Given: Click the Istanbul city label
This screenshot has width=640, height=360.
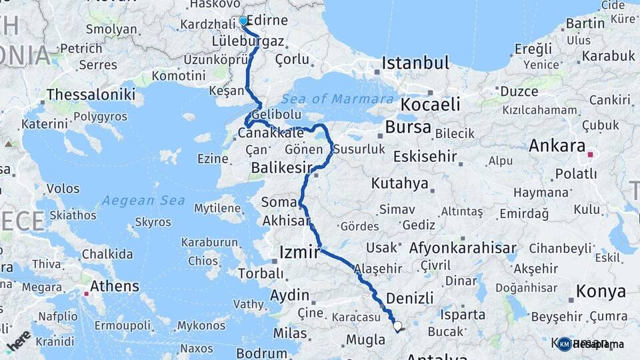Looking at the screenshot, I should point(415,64).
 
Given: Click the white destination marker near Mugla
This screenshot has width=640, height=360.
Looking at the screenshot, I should point(398,327).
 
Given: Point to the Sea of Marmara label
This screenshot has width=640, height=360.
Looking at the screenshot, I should point(337,99).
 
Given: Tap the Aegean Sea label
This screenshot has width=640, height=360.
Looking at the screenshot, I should point(135,200).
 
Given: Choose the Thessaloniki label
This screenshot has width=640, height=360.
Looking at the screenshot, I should point(91,94).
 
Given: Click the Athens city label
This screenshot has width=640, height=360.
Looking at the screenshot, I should point(115,286).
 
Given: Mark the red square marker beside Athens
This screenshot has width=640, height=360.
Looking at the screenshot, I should point(86,293).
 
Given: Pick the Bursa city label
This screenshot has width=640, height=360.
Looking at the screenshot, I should point(408,127).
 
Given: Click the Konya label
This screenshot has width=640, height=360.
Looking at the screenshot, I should point(601,291).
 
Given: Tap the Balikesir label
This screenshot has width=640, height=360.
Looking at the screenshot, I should point(281,169).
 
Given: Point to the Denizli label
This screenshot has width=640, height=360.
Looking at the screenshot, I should point(410,297).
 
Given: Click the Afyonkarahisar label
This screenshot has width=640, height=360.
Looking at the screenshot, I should point(463,248).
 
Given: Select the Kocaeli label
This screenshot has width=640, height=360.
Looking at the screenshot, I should point(430,105).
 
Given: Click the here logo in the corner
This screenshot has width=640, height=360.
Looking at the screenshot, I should point(18,340).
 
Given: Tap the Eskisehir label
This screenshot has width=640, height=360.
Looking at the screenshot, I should point(425,157).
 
